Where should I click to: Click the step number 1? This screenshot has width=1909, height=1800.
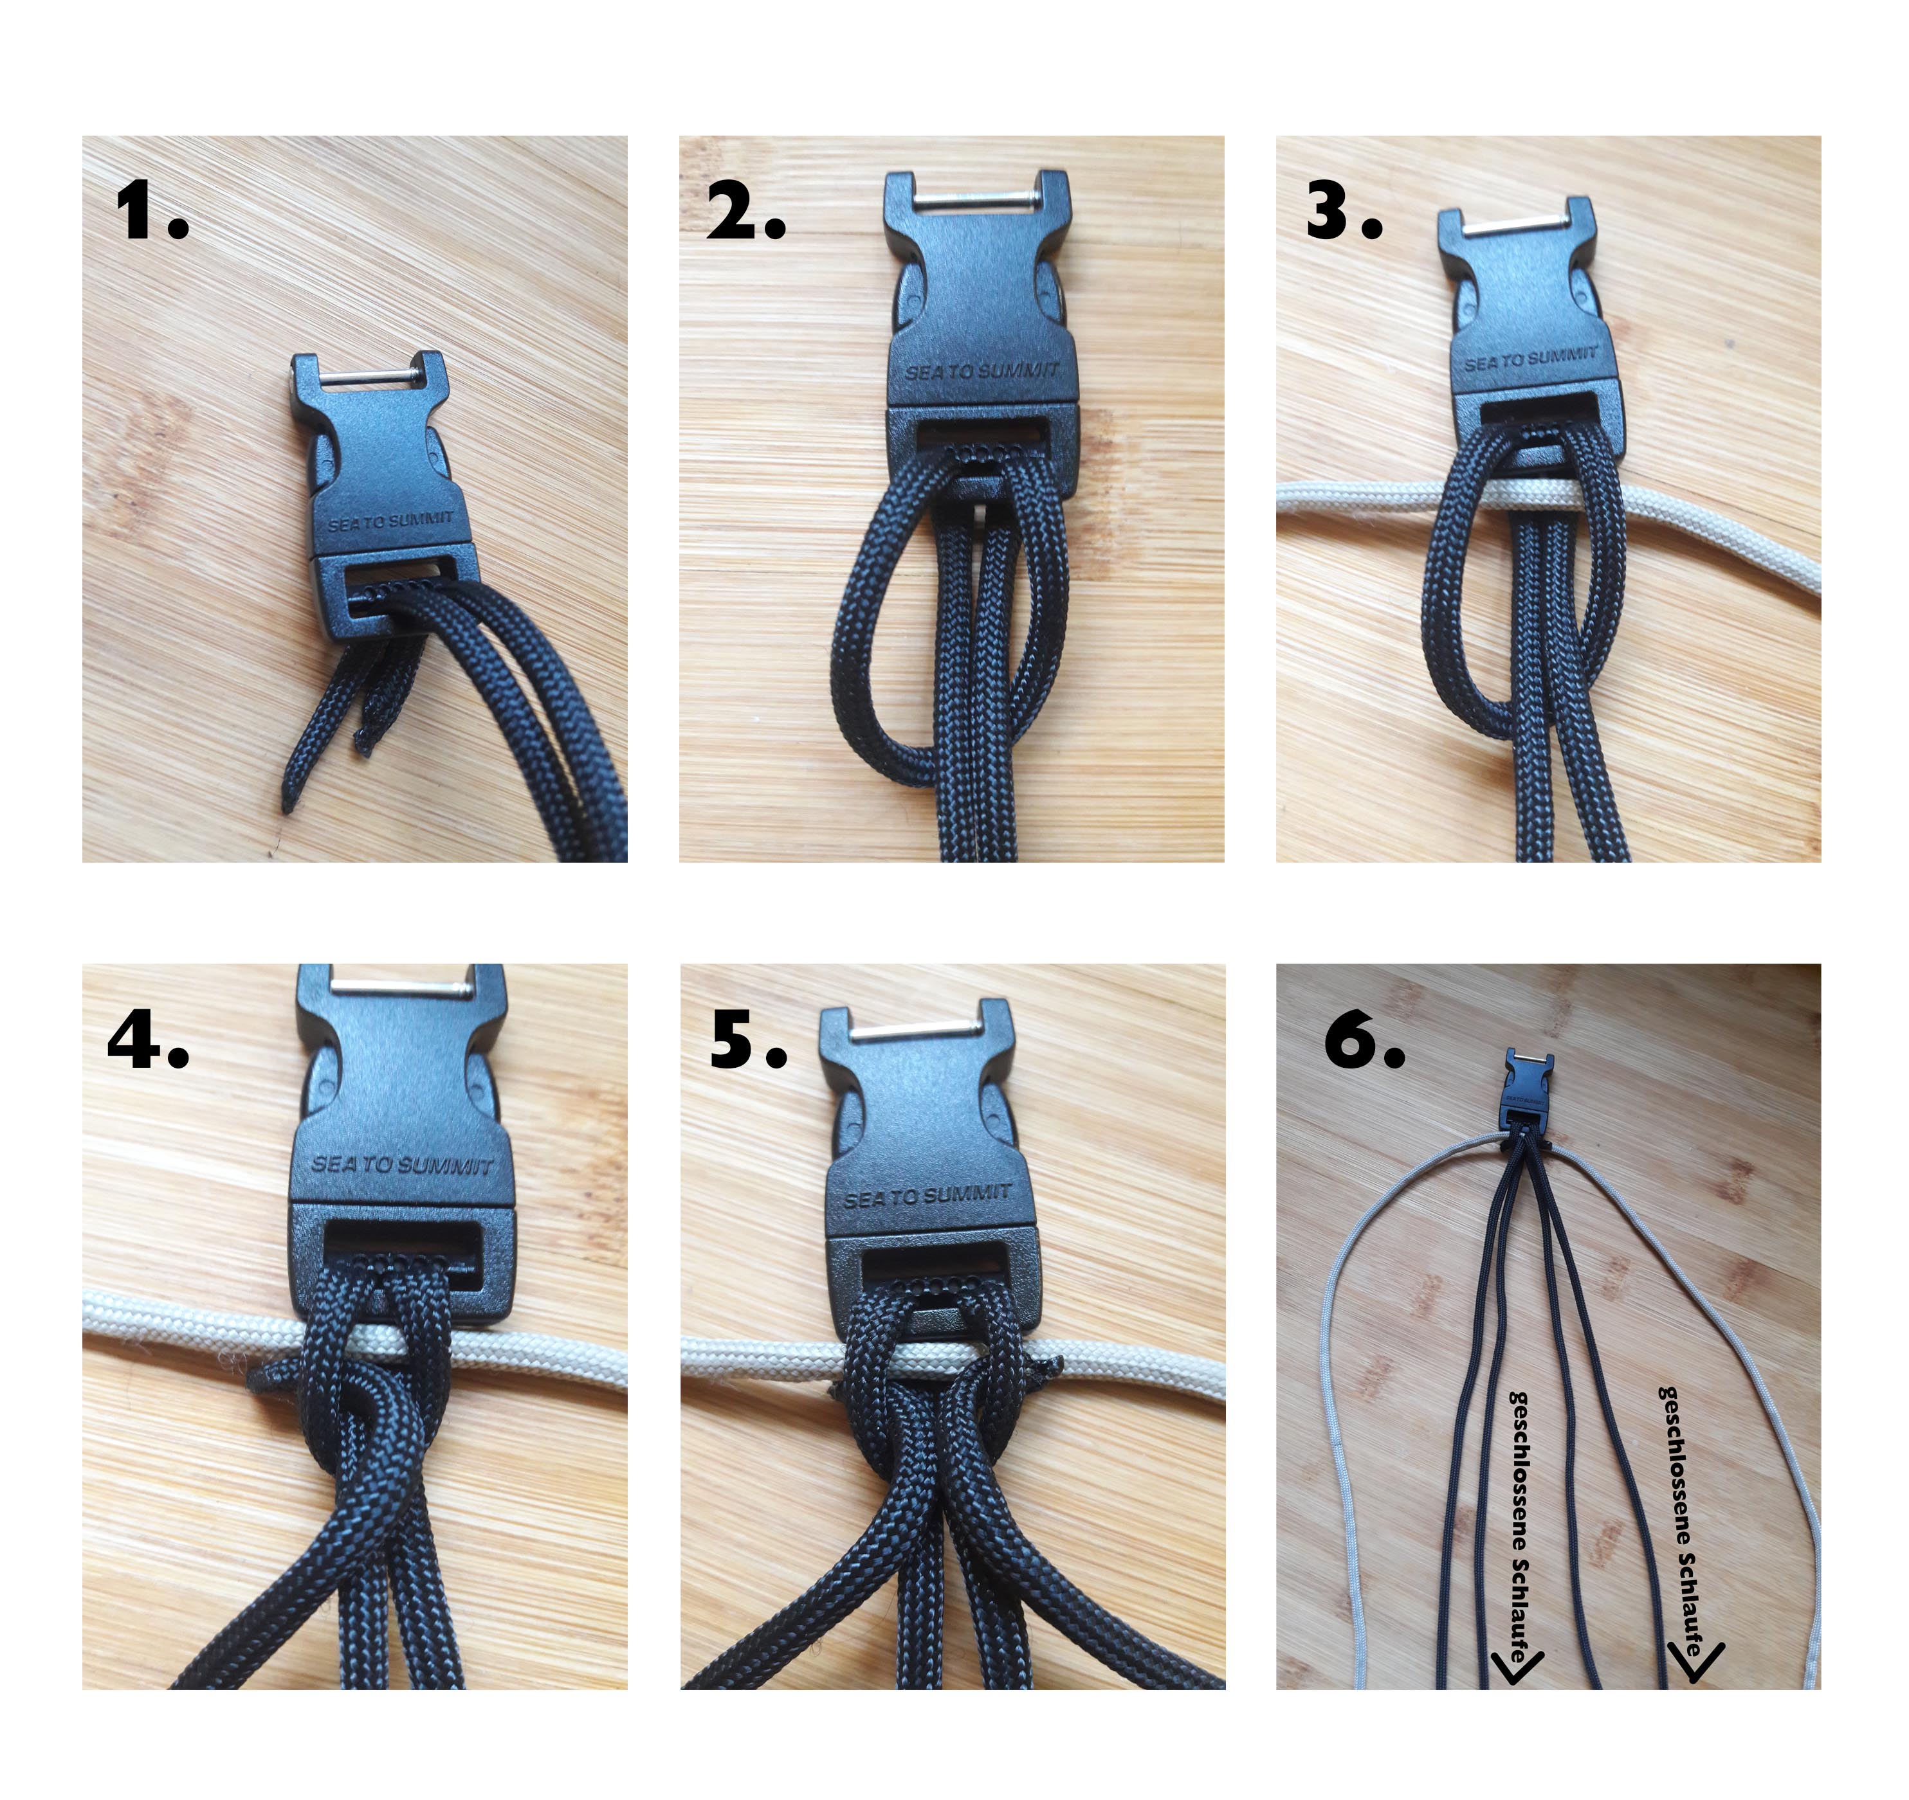pos(152,212)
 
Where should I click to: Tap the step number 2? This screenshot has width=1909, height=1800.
pos(746,212)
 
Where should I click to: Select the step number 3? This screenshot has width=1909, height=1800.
pos(1344,212)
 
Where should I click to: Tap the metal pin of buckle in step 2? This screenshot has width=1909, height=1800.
pos(976,200)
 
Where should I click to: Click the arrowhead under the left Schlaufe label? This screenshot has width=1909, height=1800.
pos(1516,1668)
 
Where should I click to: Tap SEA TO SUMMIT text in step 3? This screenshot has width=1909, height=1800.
pos(1531,358)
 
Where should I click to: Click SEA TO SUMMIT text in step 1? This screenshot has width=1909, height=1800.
pos(391,520)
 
